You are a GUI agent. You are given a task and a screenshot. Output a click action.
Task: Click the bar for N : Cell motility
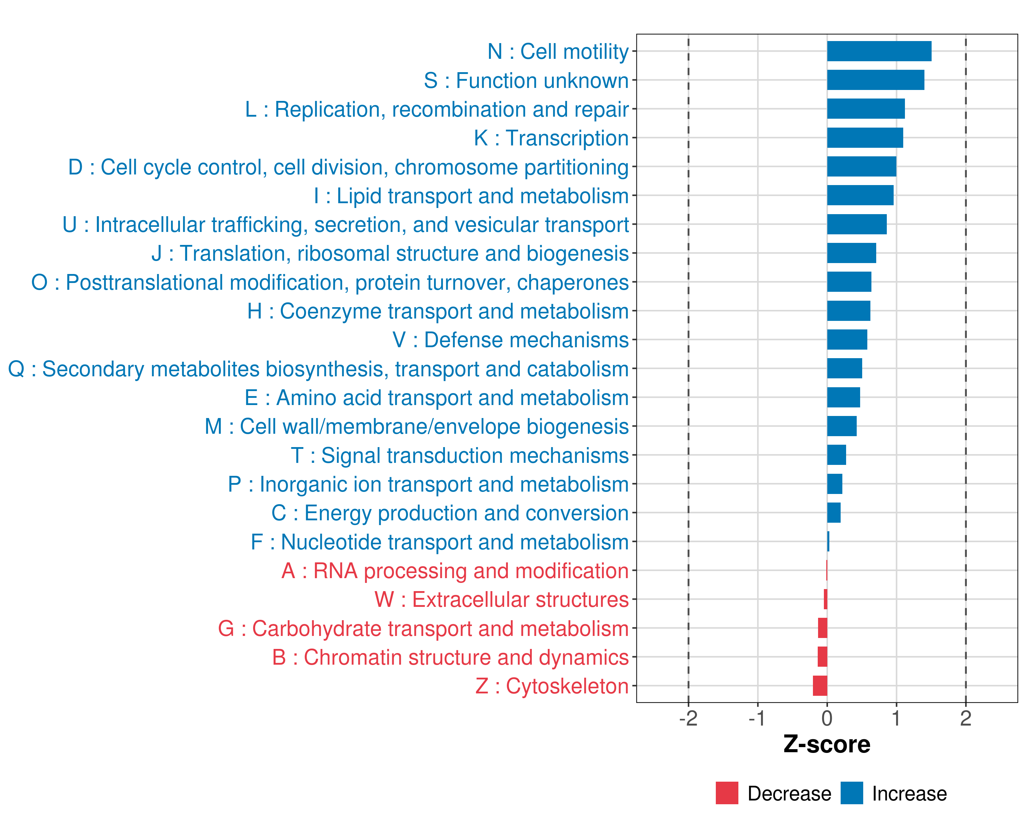[x=879, y=51]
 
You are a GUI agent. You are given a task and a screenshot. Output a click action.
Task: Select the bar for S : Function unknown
[x=876, y=80]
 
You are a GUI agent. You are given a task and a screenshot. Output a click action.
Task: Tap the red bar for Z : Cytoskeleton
[x=820, y=686]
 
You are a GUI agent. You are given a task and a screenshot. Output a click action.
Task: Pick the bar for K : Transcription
[x=865, y=138]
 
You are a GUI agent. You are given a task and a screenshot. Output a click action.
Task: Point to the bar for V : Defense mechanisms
[x=847, y=340]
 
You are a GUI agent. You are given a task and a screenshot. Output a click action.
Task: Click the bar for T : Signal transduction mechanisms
[x=837, y=455]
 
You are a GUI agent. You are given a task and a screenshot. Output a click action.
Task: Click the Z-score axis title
[x=827, y=744]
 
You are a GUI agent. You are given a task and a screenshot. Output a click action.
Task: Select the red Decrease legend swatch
[x=727, y=793]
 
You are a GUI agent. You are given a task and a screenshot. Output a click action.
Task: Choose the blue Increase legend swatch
[x=851, y=793]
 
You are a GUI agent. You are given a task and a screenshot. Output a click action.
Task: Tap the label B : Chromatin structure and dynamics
[x=450, y=657]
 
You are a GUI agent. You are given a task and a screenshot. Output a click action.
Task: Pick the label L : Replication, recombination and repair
[x=437, y=109]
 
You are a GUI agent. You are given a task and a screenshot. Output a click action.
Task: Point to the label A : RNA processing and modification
[x=455, y=571]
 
